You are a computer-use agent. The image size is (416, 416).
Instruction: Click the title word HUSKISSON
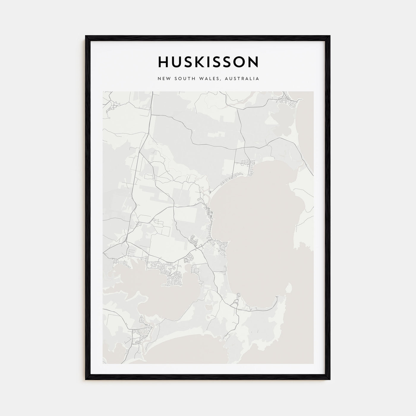coord(208,62)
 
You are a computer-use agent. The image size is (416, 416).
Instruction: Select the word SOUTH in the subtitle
coord(184,79)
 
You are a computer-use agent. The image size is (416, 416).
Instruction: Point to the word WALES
coord(212,79)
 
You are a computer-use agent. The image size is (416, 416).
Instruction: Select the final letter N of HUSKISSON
coord(253,62)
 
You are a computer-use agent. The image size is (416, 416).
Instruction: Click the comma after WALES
coord(223,80)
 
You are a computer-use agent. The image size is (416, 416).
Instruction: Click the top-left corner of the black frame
coord(86,36)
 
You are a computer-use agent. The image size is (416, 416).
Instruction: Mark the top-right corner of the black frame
coord(330,36)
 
